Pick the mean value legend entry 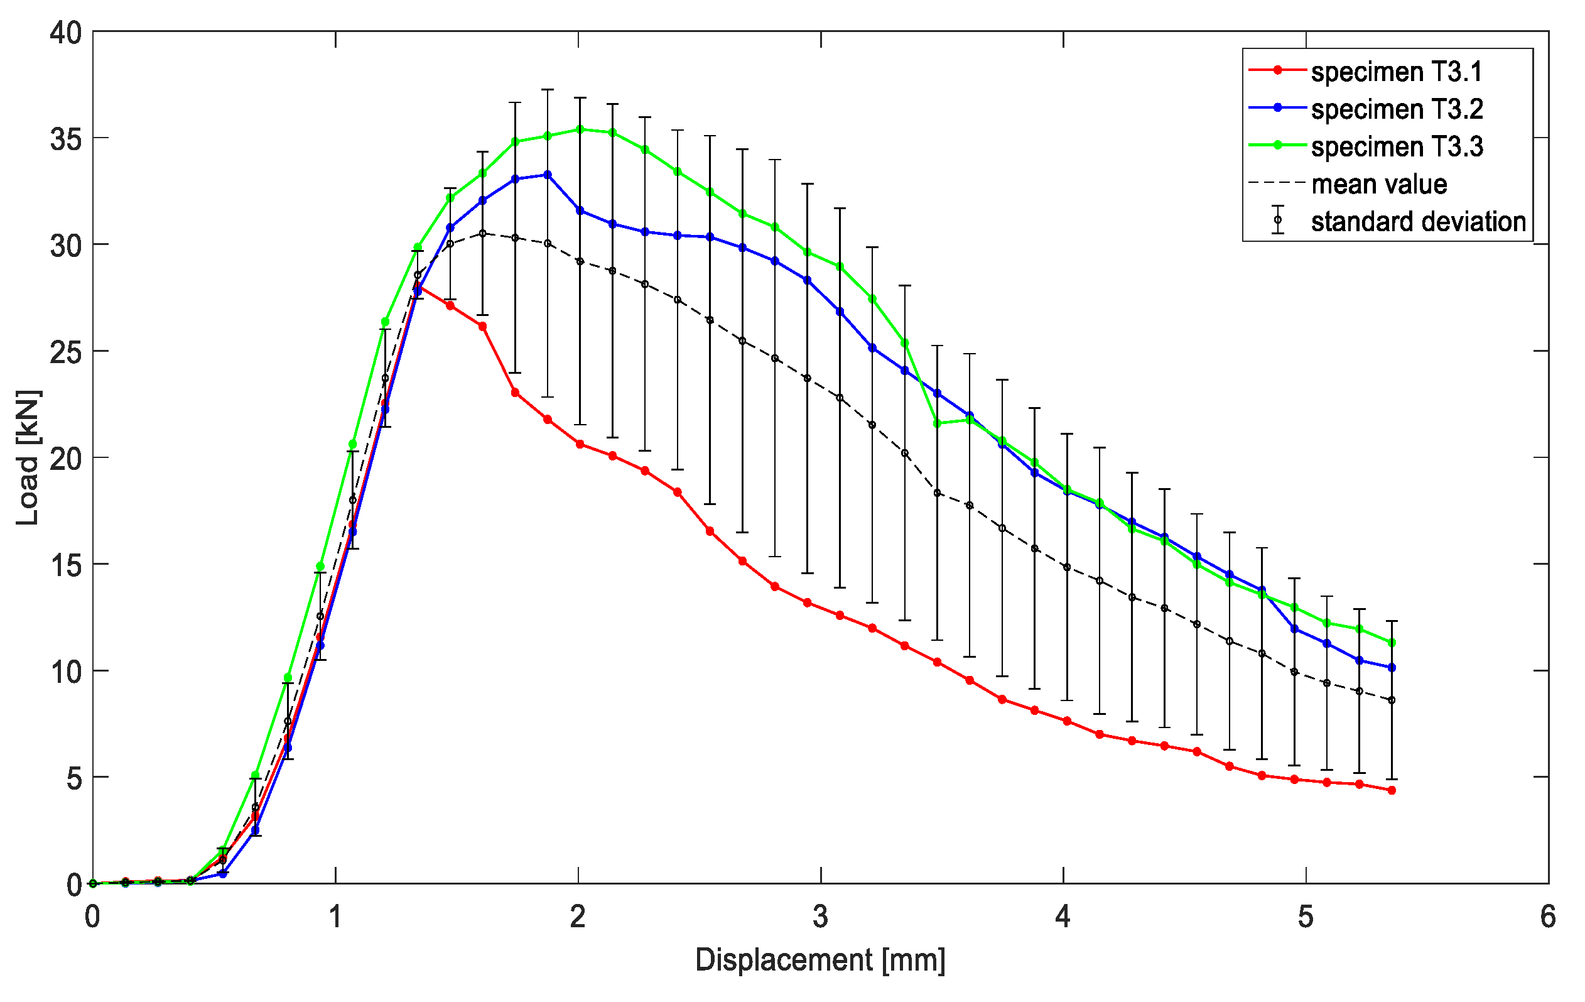click(1378, 183)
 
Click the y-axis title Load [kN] click(28, 457)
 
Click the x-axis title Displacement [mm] click(820, 959)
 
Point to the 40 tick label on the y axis click(65, 32)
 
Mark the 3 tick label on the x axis click(820, 917)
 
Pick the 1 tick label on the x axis click(335, 917)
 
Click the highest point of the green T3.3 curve click(580, 129)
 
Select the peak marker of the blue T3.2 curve click(548, 175)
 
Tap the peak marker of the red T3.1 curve click(418, 287)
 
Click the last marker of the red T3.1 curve click(1392, 790)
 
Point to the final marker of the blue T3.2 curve click(1392, 668)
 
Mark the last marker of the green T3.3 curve click(1392, 643)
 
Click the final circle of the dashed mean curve click(1392, 700)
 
